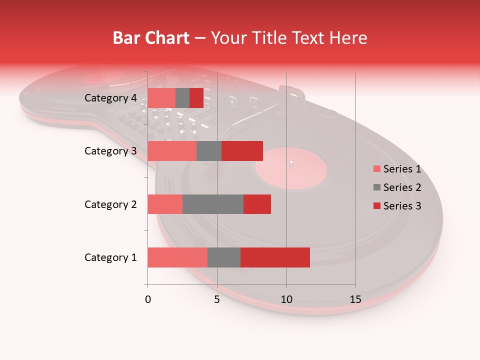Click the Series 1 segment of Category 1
click(x=177, y=257)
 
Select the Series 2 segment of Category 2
click(x=213, y=204)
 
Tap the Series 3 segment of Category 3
click(x=242, y=151)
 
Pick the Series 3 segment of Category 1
click(x=275, y=257)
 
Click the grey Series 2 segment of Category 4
click(x=182, y=98)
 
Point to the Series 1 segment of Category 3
click(x=172, y=151)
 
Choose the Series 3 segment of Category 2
click(x=257, y=204)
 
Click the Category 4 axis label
click(x=110, y=98)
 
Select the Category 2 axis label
click(x=110, y=204)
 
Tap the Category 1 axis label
click(x=110, y=257)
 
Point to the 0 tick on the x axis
click(x=148, y=299)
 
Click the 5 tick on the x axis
click(x=217, y=299)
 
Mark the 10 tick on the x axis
click(x=286, y=299)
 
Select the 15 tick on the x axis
click(x=355, y=299)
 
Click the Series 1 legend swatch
click(x=377, y=169)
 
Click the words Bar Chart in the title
click(x=151, y=38)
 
